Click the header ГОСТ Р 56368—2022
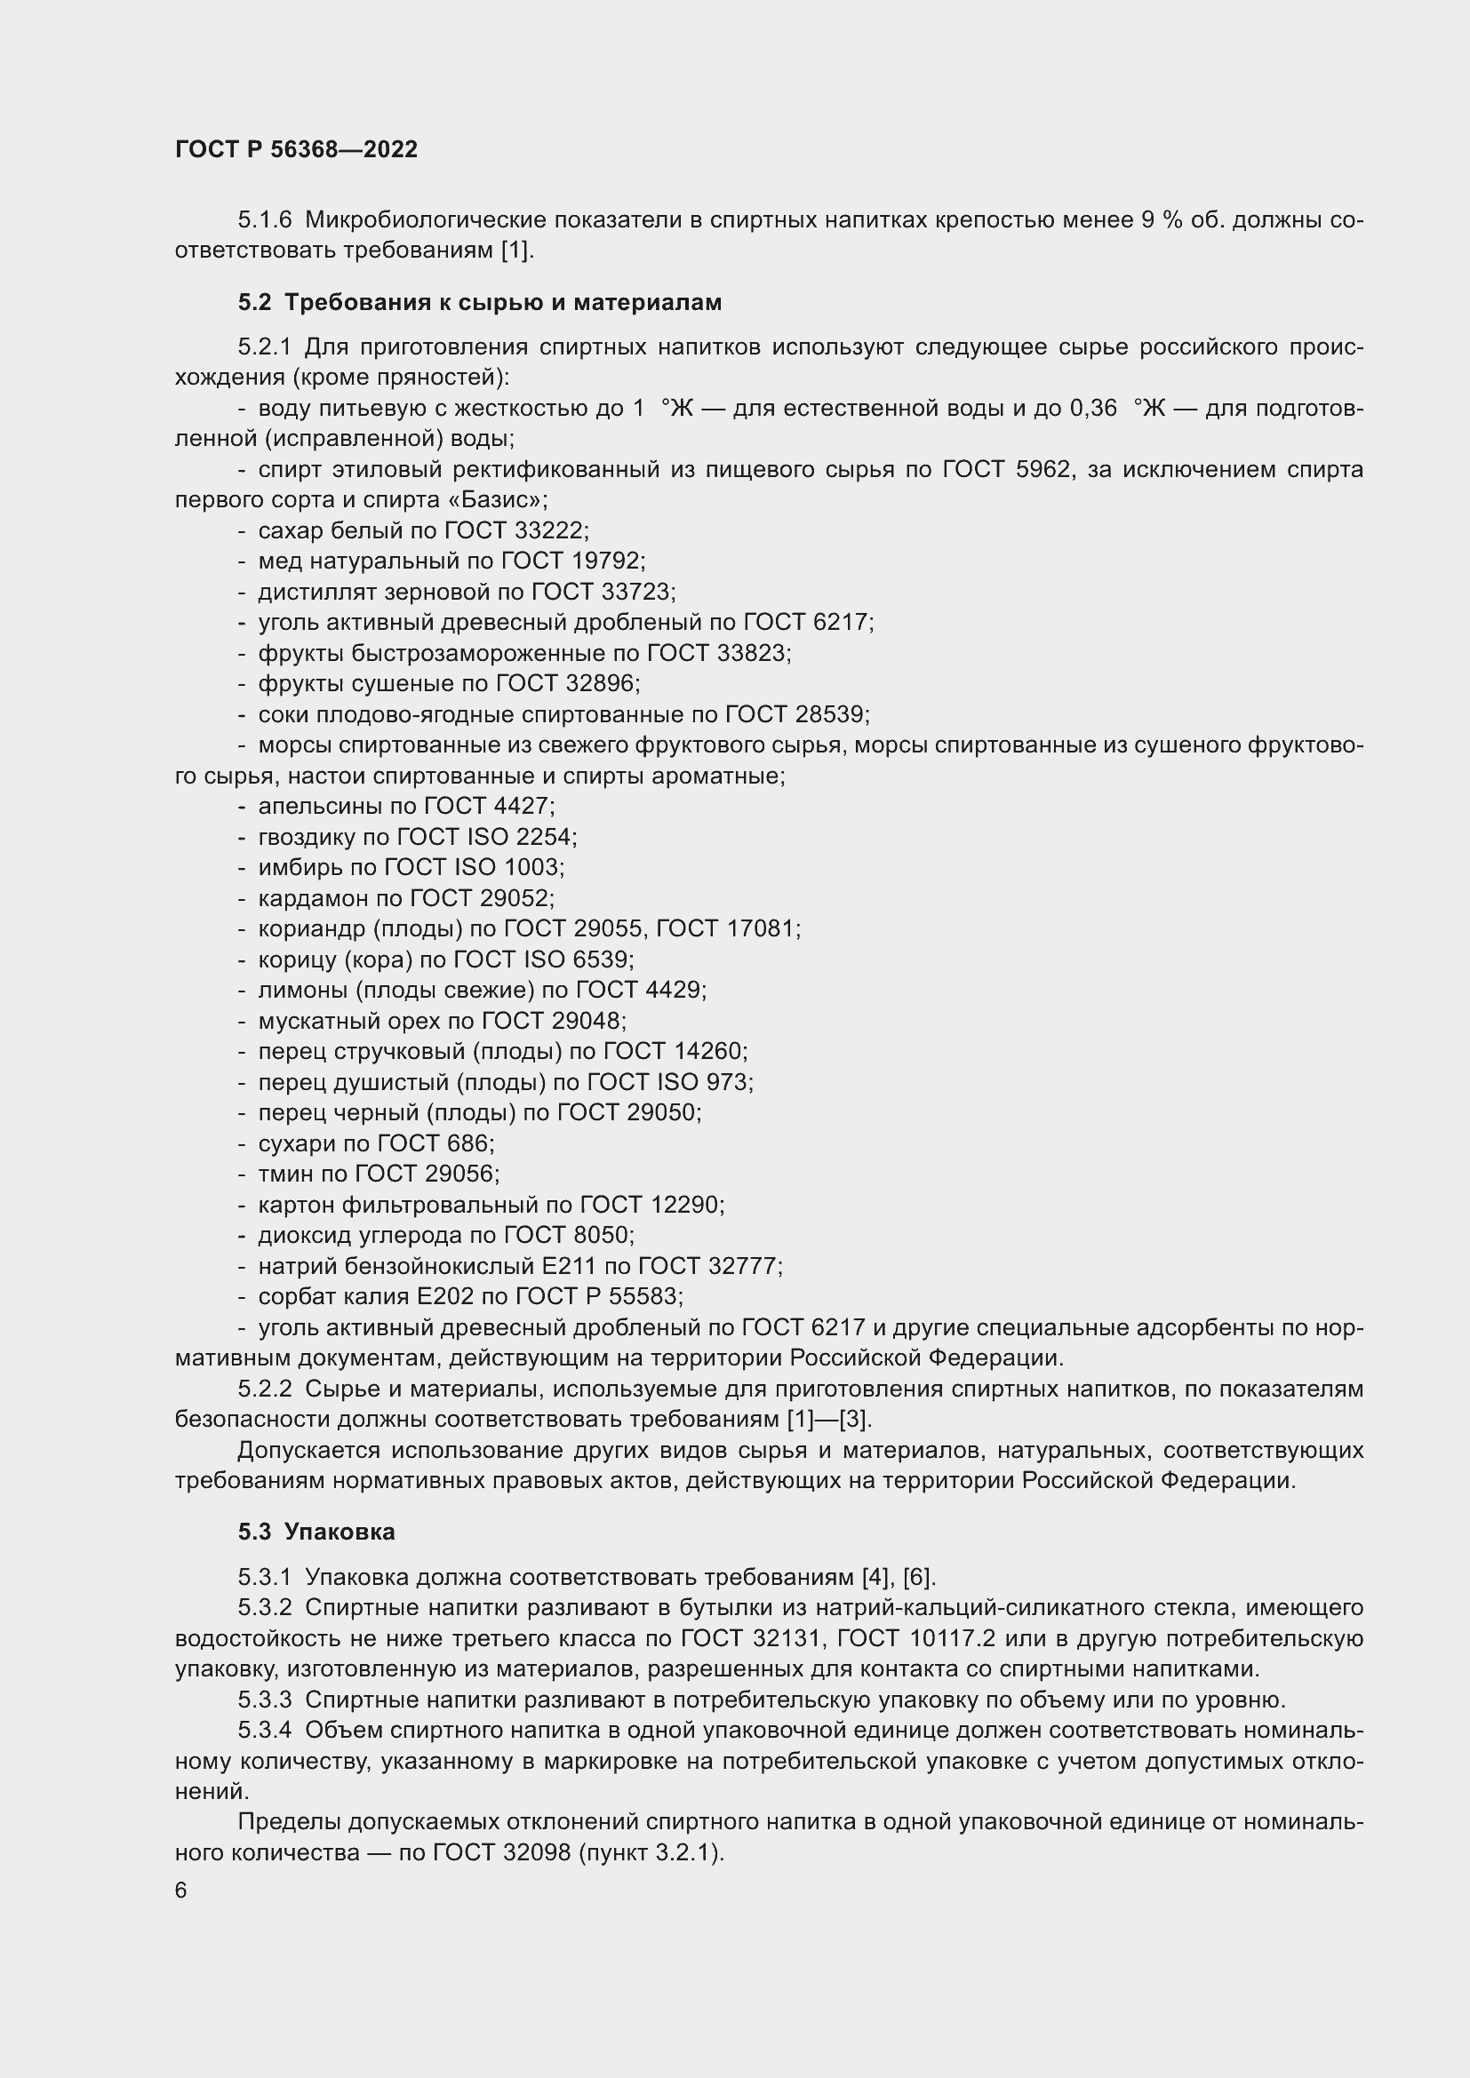pyautogui.click(x=296, y=150)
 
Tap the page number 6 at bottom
pyautogui.click(x=181, y=1891)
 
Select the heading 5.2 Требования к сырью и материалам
pyautogui.click(x=480, y=302)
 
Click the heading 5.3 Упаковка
pyautogui.click(x=316, y=1532)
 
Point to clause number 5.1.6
pyautogui.click(x=265, y=220)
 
